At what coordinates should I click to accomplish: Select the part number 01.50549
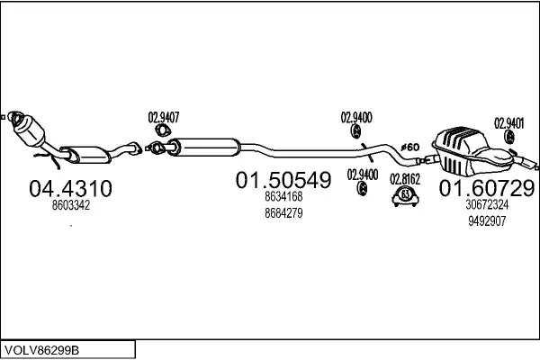[x=283, y=181]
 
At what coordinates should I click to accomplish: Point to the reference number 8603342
[x=72, y=205]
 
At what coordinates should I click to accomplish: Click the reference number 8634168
[x=283, y=197]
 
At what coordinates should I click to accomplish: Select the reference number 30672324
[x=487, y=204]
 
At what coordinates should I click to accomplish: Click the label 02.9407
[x=164, y=117]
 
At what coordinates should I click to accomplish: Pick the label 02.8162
[x=405, y=178]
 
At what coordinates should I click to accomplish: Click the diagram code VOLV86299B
[x=40, y=347]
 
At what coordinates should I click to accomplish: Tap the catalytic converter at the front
[x=34, y=133]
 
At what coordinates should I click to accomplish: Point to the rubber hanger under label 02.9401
[x=509, y=139]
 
